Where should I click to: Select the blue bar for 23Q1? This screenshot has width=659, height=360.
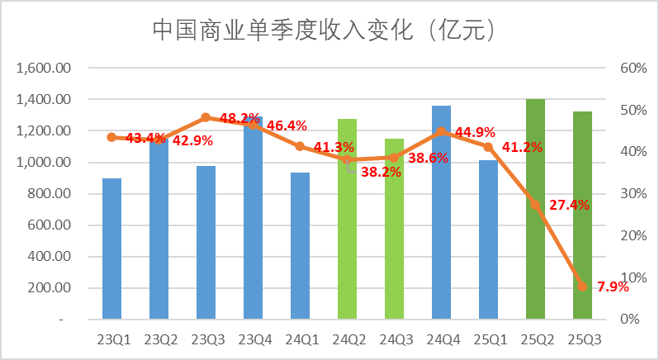click(x=111, y=248)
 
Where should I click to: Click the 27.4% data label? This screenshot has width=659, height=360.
click(x=569, y=205)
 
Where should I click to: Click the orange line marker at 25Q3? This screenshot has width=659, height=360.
click(x=583, y=287)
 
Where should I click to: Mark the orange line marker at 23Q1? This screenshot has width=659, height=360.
click(x=111, y=137)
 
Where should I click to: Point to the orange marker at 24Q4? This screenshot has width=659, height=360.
click(x=442, y=130)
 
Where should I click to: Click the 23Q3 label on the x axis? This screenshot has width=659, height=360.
click(x=206, y=339)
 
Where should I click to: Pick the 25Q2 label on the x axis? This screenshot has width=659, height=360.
click(x=536, y=339)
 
